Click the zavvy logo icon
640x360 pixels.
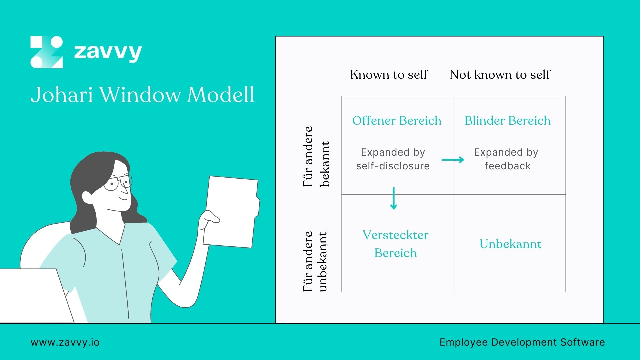(47, 52)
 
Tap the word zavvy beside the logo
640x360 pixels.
(108, 52)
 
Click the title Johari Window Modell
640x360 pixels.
(142, 95)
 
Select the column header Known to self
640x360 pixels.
(389, 74)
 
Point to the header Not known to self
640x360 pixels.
(500, 74)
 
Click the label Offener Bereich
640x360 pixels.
(397, 120)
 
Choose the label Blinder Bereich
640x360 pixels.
(507, 120)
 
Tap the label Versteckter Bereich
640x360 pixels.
(395, 244)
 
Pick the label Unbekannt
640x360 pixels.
(510, 244)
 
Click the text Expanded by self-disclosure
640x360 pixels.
(393, 159)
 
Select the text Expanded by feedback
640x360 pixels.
(507, 159)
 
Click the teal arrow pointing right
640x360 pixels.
(453, 160)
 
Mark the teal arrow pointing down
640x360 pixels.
(394, 198)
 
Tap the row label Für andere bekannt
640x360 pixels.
(316, 157)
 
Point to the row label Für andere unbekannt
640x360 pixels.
(315, 262)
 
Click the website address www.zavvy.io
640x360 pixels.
(65, 342)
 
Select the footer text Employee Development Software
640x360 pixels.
(522, 342)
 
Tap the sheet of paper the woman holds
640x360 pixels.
(232, 212)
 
